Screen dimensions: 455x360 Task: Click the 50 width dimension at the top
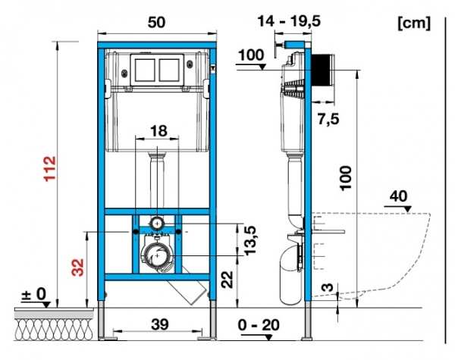tap(157, 22)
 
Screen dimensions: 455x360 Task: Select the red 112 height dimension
tap(50, 168)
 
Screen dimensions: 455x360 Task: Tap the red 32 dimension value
tap(78, 268)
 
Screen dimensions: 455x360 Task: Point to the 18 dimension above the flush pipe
tap(159, 131)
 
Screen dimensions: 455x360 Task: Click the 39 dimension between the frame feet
tap(160, 324)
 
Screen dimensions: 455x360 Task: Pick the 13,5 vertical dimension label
tap(251, 240)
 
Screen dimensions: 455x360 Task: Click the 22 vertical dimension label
tap(227, 280)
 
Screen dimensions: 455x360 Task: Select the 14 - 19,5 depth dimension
tap(290, 21)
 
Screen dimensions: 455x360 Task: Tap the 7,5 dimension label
tap(328, 119)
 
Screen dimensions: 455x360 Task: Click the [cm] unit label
tap(414, 23)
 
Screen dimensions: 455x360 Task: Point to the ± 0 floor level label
tap(34, 294)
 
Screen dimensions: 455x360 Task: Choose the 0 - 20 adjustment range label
tap(259, 325)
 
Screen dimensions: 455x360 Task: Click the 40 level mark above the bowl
tap(398, 196)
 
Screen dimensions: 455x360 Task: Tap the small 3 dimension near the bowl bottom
tap(328, 287)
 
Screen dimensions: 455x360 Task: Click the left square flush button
tap(145, 70)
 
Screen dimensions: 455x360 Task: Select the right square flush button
tap(169, 70)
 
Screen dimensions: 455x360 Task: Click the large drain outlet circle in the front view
tap(157, 255)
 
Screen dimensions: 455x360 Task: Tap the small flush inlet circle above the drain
tap(157, 224)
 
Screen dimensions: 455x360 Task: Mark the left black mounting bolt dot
tap(135, 231)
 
